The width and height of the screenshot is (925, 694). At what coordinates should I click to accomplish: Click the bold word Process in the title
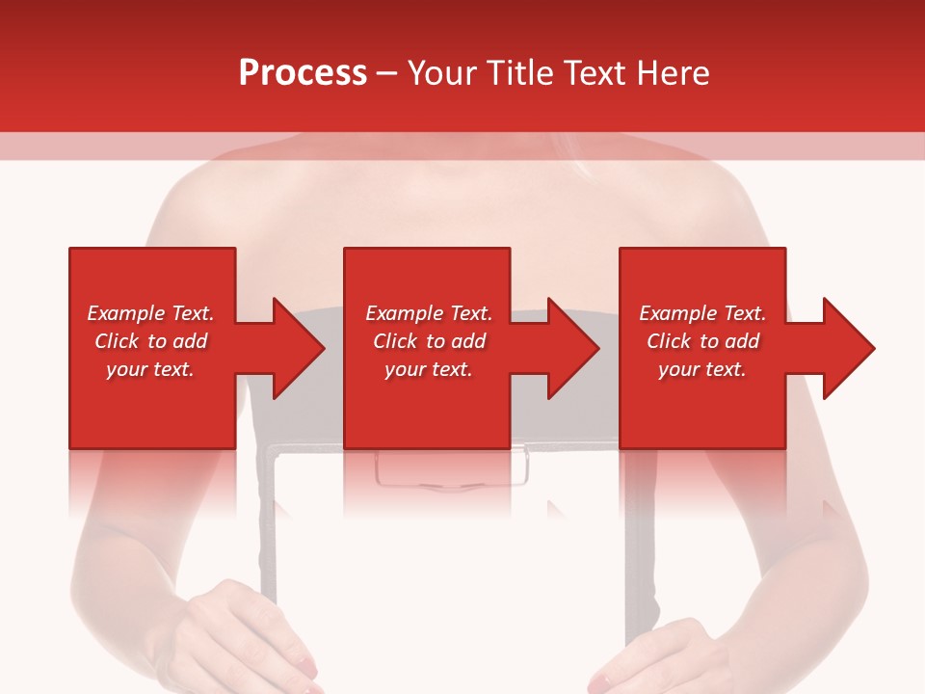tap(303, 73)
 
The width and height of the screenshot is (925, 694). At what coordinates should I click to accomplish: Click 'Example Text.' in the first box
tap(150, 313)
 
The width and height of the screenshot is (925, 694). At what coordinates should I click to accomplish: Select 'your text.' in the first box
tap(150, 369)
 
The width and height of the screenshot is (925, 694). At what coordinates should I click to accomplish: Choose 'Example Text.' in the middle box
tap(429, 313)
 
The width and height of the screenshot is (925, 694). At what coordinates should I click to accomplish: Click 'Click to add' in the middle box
tap(429, 341)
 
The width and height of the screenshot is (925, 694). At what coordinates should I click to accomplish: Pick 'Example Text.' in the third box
tap(702, 313)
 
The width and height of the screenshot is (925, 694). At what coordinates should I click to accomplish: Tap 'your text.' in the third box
tap(702, 369)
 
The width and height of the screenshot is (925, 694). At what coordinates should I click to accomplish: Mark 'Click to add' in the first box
tap(150, 341)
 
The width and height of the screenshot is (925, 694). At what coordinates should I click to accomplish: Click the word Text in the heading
tap(593, 73)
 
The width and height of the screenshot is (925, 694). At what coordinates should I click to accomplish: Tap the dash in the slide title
tap(387, 73)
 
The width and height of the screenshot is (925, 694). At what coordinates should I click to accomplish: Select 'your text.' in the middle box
tap(429, 369)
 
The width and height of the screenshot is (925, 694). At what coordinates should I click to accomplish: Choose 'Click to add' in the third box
tap(702, 341)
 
